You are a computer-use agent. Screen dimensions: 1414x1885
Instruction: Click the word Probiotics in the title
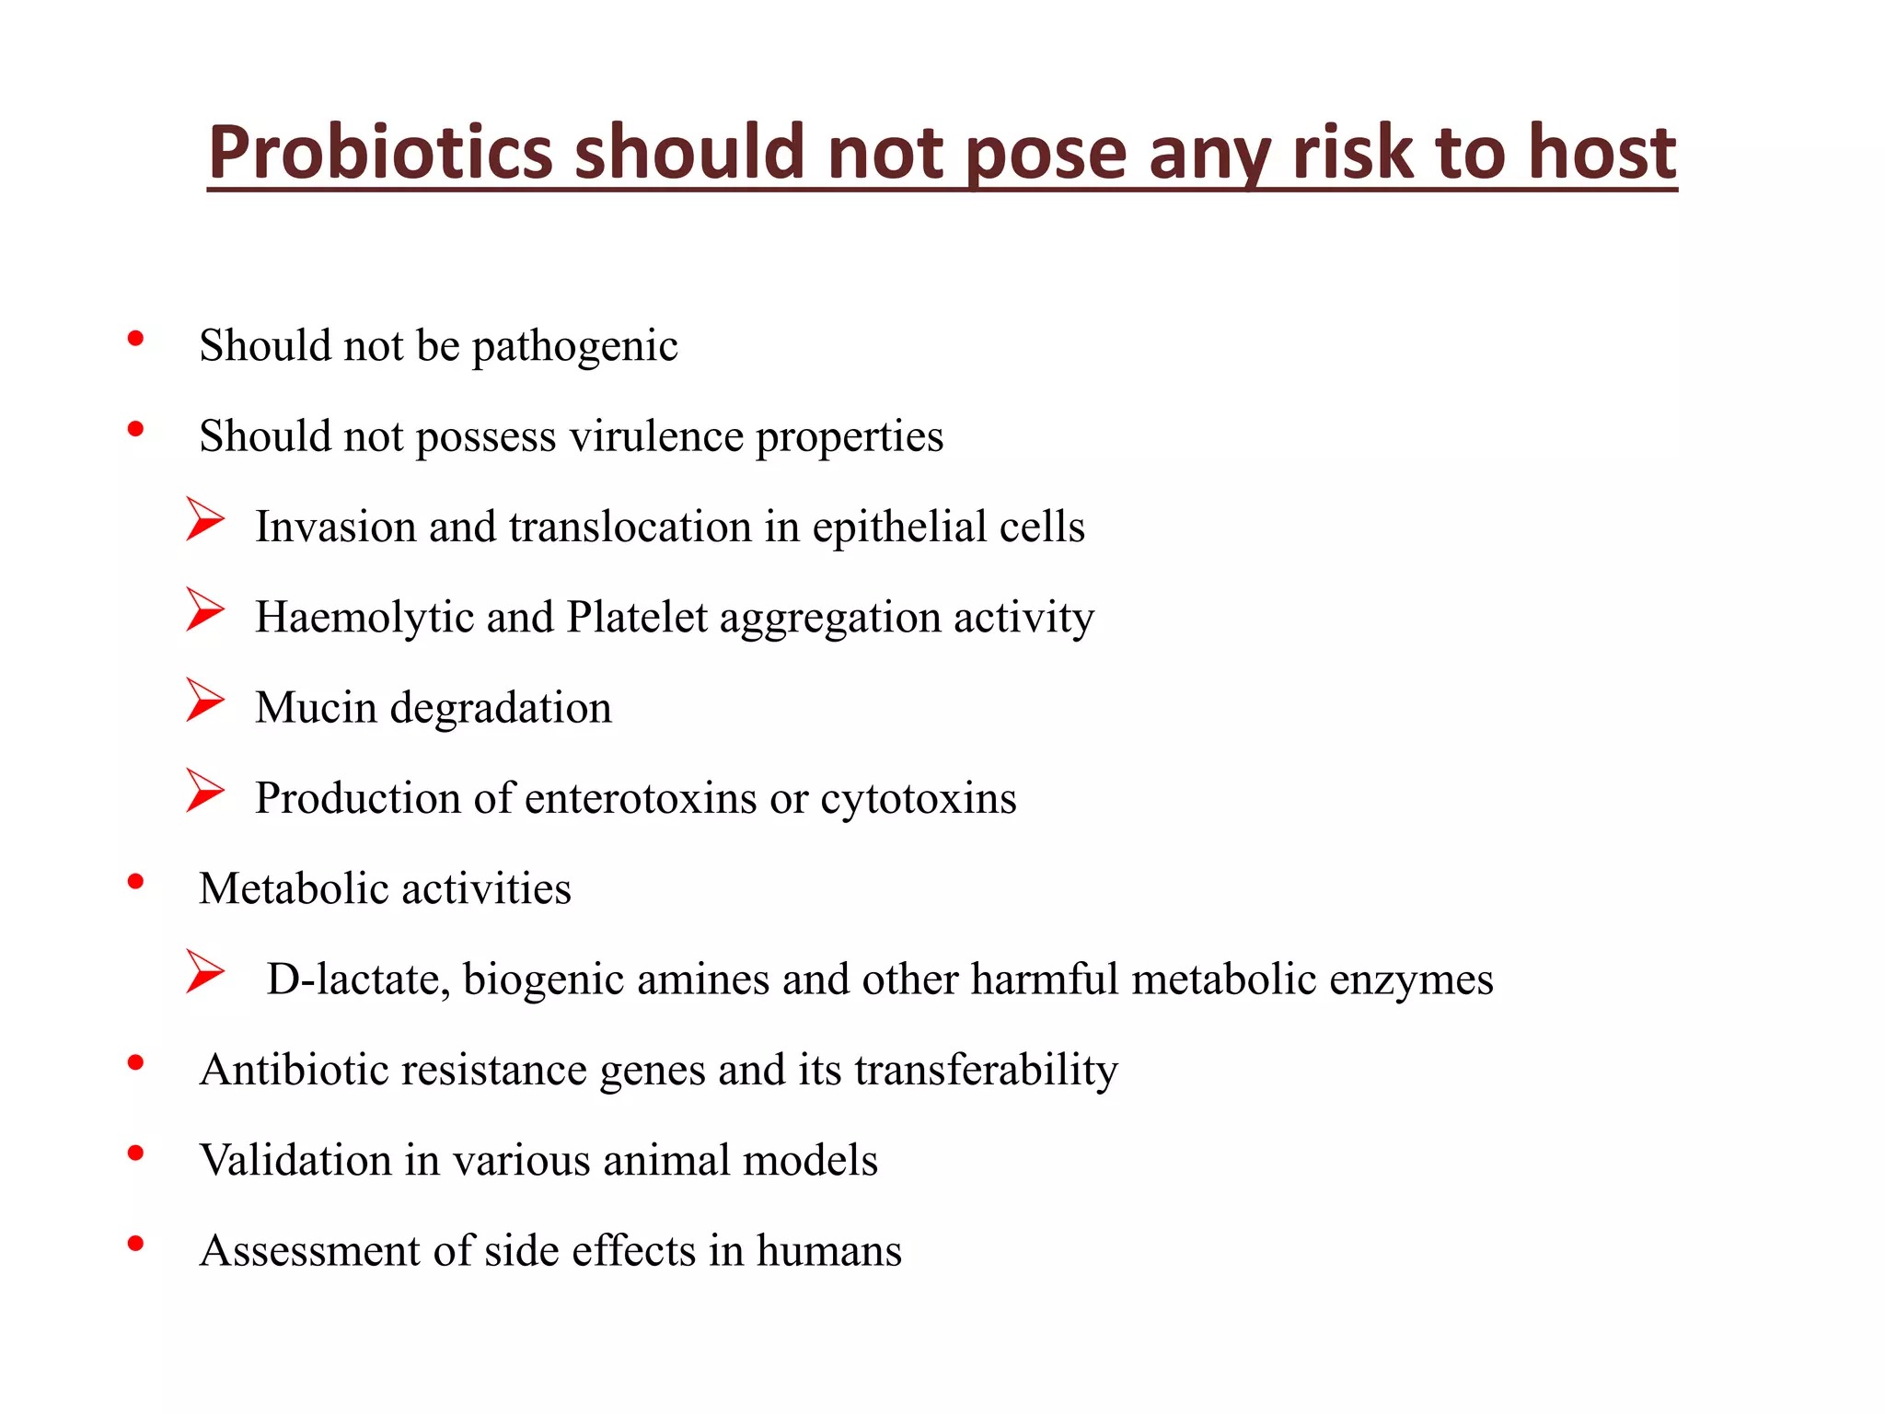[379, 152]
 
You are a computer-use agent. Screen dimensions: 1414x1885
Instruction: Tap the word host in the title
[1602, 152]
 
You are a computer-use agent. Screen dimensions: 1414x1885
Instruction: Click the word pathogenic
[574, 347]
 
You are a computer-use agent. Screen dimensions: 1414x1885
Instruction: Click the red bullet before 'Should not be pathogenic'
[136, 339]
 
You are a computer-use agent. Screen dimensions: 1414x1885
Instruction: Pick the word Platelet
[637, 618]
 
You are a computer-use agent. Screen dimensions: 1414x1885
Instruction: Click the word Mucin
[316, 708]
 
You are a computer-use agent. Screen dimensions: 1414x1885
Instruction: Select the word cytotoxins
[918, 798]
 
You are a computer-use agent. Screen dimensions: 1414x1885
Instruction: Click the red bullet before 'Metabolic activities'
[136, 882]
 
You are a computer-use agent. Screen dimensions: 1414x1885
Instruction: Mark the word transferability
[986, 1070]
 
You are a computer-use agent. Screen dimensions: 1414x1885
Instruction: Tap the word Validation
[295, 1160]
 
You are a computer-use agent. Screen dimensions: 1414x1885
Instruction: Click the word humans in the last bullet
[828, 1250]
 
